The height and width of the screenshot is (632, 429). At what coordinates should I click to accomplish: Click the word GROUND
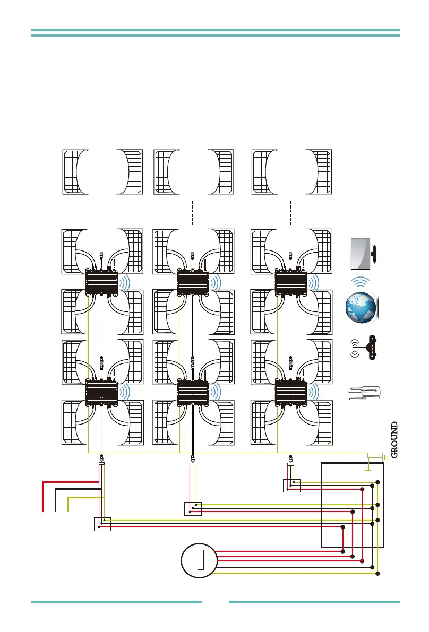click(x=394, y=440)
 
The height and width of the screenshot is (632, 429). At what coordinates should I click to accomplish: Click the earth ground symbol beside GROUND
click(x=383, y=456)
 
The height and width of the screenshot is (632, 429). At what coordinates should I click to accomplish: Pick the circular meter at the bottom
click(x=199, y=561)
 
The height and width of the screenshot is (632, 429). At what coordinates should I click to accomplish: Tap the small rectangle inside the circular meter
click(x=200, y=561)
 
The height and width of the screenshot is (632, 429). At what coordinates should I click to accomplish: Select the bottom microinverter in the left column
click(x=101, y=393)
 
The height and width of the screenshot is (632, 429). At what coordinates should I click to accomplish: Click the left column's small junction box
click(x=102, y=524)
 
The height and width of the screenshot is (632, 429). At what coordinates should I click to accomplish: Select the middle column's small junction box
click(x=193, y=508)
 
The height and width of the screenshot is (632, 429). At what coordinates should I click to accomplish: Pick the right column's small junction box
click(x=291, y=486)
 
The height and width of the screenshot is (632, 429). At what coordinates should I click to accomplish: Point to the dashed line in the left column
click(x=101, y=212)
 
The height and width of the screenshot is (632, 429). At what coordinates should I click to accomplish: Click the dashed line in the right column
click(x=291, y=212)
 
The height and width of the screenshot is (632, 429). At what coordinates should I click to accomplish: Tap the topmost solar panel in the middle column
click(x=193, y=172)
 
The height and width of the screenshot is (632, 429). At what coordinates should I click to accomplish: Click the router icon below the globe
click(x=364, y=348)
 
